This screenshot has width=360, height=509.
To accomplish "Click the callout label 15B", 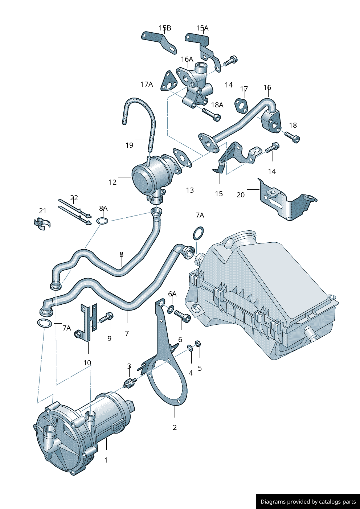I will tap(165, 28).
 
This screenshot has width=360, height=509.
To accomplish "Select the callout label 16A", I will tap(187, 59).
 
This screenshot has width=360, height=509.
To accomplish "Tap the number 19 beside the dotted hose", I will tap(129, 145).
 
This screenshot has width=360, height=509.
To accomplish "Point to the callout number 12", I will tap(112, 182).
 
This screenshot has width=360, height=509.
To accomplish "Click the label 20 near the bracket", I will tap(241, 195).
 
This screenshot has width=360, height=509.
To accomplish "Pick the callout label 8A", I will tap(103, 208).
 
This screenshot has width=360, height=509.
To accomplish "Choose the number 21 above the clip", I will tap(43, 211).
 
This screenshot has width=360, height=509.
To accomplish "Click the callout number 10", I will tap(87, 363).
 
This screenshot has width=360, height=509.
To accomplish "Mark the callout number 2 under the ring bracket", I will tap(175, 427).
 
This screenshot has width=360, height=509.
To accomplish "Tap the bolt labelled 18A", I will tap(211, 114).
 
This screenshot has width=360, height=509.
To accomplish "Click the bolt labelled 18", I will tap(292, 137).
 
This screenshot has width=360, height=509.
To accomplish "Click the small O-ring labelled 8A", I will tap(102, 221).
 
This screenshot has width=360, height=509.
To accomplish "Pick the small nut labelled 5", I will tap(198, 343).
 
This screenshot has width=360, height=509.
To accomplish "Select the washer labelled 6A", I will tap(170, 309).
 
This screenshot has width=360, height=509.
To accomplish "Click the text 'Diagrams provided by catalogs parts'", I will tap(308, 502).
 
